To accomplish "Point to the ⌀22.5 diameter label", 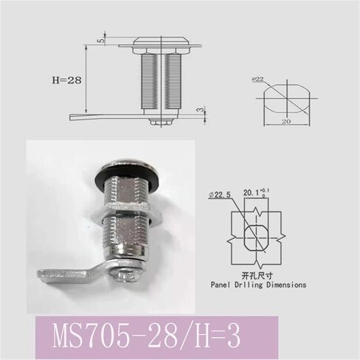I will pos(219,194).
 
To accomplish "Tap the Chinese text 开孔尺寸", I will pos(257,273).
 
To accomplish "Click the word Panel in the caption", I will pos(223,283).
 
